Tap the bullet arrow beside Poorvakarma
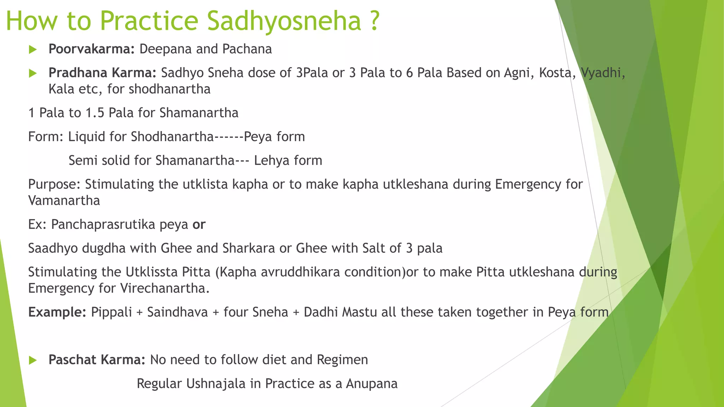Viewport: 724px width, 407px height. click(33, 49)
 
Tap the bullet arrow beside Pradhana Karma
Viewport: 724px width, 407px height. click(33, 73)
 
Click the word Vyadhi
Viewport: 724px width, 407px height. click(603, 73)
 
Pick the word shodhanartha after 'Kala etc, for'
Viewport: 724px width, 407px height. click(169, 89)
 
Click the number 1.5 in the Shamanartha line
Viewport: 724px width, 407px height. click(95, 113)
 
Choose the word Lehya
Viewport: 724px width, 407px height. click(271, 161)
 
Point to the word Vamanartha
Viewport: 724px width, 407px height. click(64, 201)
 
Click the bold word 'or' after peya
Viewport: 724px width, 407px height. click(199, 225)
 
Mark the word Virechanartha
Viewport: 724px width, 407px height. click(165, 288)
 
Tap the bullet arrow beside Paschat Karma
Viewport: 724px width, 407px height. click(33, 360)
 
